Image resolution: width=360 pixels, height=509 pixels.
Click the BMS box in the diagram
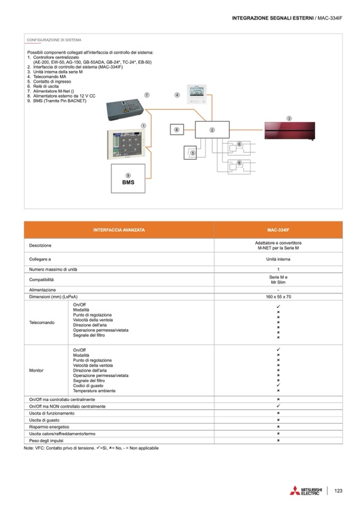[x=128, y=180]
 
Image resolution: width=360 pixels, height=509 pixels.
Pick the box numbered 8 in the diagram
[x=177, y=130]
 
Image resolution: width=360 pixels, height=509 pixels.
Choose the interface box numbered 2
[x=211, y=130]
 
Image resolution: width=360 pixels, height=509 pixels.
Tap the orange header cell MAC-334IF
[x=278, y=230]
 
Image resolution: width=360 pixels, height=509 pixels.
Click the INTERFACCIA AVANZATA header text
[x=119, y=230]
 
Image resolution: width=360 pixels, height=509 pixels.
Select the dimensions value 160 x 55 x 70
[x=278, y=297]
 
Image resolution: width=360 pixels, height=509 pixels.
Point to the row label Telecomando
[x=41, y=322]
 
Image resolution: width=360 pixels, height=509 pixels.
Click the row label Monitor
[x=36, y=370]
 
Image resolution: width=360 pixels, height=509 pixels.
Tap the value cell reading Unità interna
[x=278, y=260]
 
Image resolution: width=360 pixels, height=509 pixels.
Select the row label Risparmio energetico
[x=49, y=427]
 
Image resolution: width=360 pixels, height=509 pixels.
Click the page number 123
[x=339, y=490]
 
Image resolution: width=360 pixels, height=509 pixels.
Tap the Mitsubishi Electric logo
[x=306, y=490]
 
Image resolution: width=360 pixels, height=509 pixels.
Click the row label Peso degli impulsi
[x=47, y=441]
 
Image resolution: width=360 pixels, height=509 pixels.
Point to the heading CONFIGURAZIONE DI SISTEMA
[x=54, y=40]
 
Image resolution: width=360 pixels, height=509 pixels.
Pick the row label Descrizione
[x=40, y=246]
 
